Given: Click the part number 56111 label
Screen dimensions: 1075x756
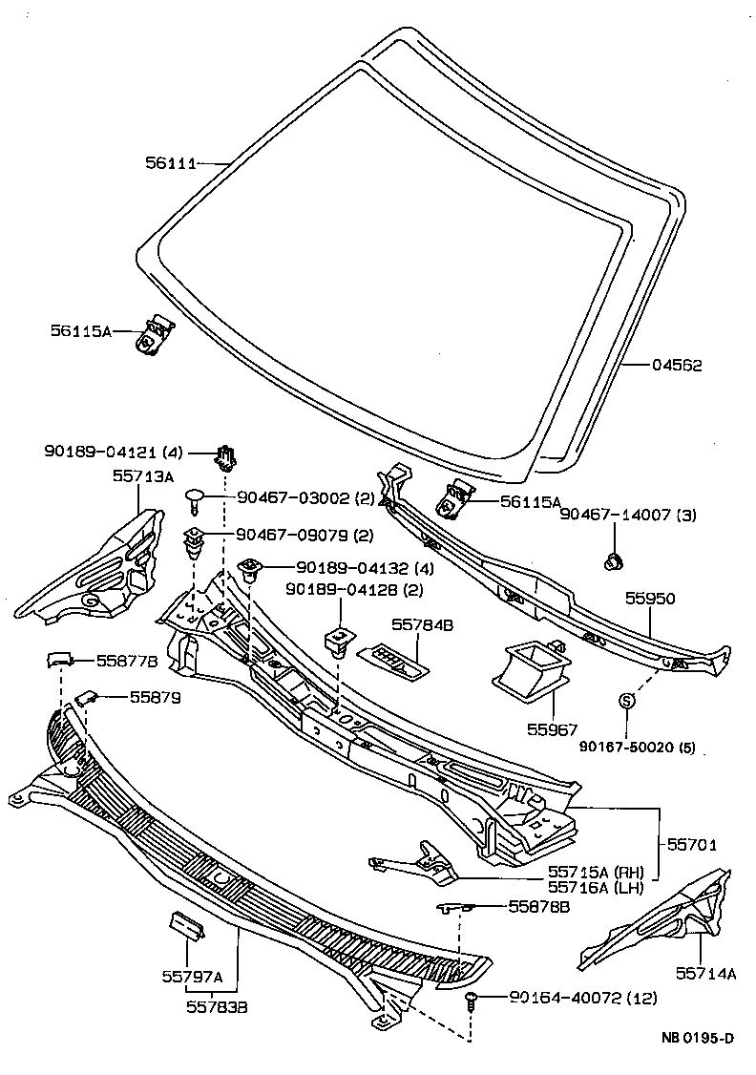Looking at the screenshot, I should coord(169,164).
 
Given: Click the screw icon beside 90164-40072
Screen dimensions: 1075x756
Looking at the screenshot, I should coord(472,1000).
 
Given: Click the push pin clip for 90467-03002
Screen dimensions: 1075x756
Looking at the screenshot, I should coord(196,496).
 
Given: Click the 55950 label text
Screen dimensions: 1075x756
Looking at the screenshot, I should coord(650,599).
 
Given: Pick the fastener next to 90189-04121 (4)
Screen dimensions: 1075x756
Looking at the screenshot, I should coord(226,458).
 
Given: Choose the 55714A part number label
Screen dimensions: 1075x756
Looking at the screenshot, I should coord(705,973).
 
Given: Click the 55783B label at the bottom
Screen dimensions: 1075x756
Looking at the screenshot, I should coord(217,1005).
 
